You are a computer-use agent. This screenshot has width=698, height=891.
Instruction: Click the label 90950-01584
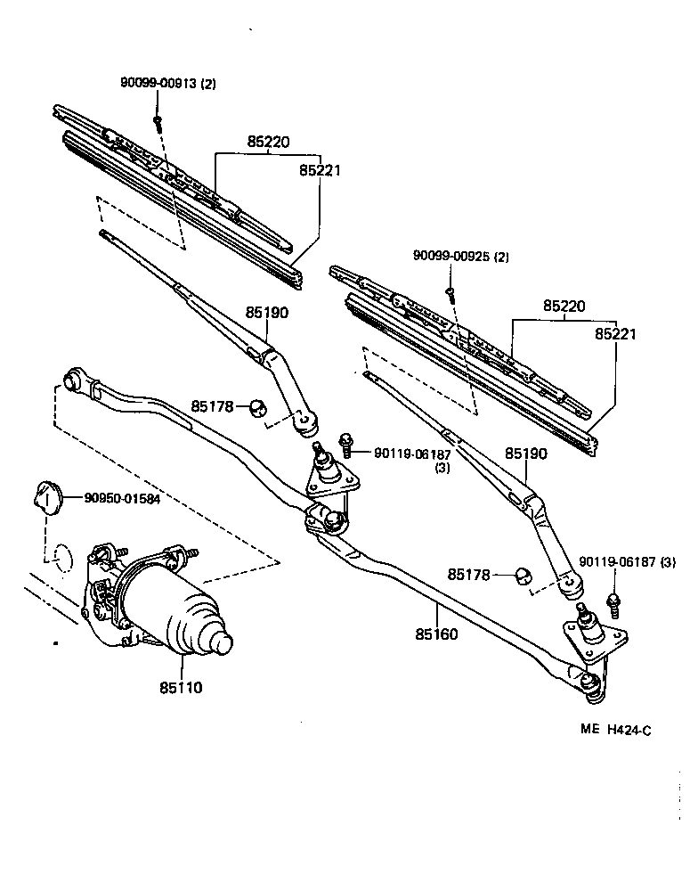coord(122,499)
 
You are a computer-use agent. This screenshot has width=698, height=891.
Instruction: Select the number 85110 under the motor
coord(182,687)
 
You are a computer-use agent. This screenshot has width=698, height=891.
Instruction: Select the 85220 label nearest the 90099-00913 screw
coord(269,142)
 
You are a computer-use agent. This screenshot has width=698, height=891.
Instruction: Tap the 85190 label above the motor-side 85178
coord(268,313)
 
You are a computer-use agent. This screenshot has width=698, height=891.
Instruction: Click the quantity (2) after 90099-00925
coord(501,257)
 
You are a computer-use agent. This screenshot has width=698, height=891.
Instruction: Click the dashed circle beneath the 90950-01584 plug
coord(59,557)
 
